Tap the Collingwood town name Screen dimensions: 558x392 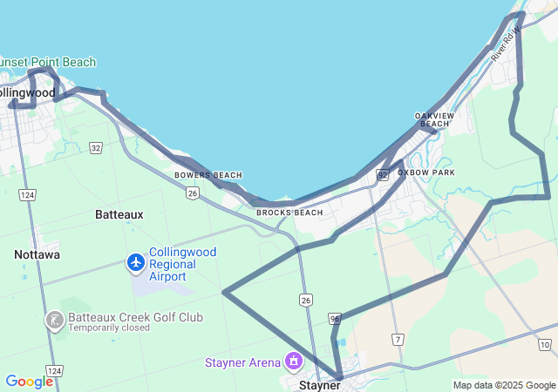(x=27, y=92)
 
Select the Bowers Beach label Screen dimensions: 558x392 (x=208, y=175)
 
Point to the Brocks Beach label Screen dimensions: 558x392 (x=289, y=213)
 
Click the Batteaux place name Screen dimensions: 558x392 (x=119, y=213)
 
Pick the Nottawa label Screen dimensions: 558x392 (x=37, y=254)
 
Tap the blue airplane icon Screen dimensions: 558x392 (x=135, y=261)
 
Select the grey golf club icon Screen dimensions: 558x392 (x=54, y=321)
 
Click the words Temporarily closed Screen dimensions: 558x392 (x=108, y=328)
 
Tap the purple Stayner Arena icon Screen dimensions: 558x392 (x=294, y=361)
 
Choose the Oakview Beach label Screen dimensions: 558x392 (x=434, y=120)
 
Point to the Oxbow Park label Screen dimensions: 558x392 (x=426, y=172)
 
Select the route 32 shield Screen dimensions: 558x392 (x=95, y=148)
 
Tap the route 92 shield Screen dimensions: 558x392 (x=382, y=175)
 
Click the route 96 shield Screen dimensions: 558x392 (x=335, y=319)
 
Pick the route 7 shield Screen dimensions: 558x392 (x=398, y=338)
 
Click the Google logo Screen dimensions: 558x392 (x=29, y=382)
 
